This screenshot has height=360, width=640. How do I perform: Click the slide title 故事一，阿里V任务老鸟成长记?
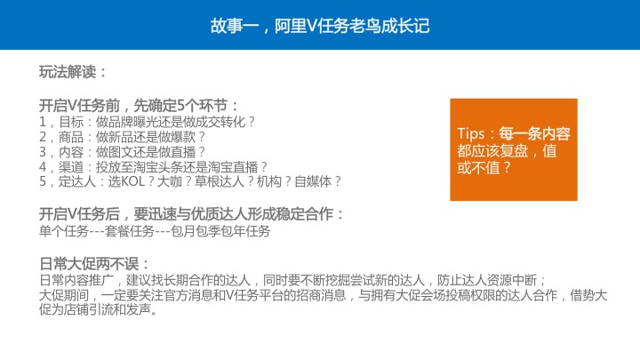[x=320, y=25]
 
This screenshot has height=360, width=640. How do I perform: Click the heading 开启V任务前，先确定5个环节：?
[x=139, y=104]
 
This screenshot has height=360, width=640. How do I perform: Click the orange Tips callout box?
[x=514, y=148]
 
